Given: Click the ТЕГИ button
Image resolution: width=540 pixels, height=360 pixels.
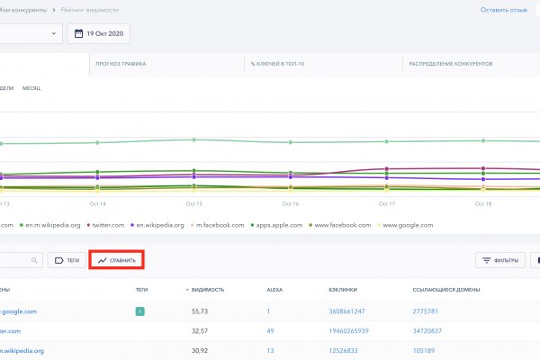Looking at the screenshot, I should point(67,260).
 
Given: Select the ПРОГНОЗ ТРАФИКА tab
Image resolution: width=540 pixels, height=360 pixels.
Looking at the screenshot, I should point(121,64).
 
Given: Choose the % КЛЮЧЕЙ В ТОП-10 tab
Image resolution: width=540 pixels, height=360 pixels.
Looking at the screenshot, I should point(277,64).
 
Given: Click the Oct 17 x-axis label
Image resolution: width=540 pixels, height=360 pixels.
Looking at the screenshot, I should point(387,204).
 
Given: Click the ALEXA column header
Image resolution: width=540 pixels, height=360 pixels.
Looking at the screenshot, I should point(274,291).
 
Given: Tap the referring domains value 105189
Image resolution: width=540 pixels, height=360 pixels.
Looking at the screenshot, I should point(424,350).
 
